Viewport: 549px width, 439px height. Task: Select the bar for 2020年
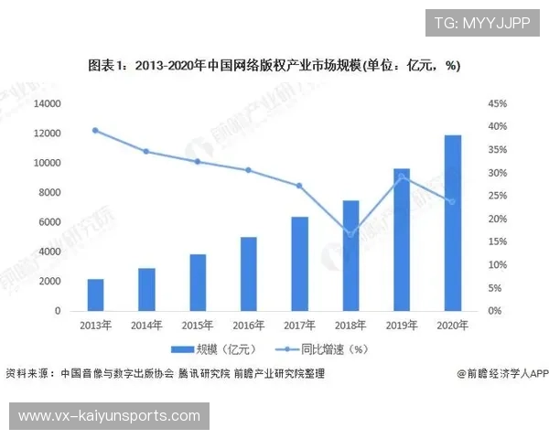coord(453,223)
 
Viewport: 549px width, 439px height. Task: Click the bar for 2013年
coord(96,294)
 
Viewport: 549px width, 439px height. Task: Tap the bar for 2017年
coord(300,263)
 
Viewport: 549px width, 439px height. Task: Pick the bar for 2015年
coord(198,283)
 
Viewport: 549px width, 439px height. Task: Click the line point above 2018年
coord(350,235)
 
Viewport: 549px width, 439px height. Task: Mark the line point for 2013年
coord(96,130)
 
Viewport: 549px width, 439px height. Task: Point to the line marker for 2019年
coord(402,177)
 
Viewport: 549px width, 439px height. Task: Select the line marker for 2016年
coord(249,170)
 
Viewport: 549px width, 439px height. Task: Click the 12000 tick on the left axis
coord(47,134)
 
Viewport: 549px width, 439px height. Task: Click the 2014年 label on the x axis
coord(146,326)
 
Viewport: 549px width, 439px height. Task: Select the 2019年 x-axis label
coord(402,326)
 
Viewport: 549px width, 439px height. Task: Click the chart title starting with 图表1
coord(274,66)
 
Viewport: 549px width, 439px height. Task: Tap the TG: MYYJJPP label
coord(469,22)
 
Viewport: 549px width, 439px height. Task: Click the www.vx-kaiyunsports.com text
coord(109,416)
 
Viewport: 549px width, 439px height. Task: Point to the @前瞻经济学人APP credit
coord(501,373)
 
